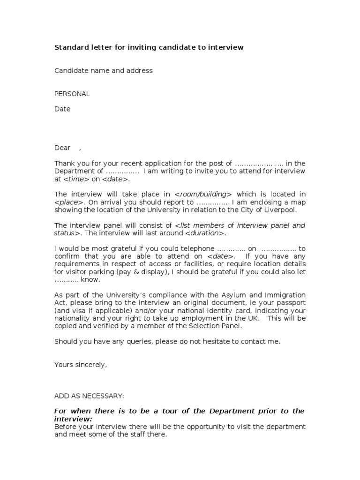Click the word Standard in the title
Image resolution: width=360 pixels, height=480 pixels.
(70, 48)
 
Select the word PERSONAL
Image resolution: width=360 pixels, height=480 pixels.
(72, 94)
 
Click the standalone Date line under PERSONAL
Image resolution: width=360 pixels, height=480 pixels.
(62, 109)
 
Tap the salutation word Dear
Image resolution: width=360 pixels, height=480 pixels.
(62, 148)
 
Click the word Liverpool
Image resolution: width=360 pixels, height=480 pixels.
(290, 210)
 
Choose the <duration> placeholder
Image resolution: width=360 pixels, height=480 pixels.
(205, 233)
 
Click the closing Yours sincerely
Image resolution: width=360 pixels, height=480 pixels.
(81, 365)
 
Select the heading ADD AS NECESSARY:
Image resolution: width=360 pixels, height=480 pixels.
(89, 396)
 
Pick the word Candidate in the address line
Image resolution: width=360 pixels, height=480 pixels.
(70, 71)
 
